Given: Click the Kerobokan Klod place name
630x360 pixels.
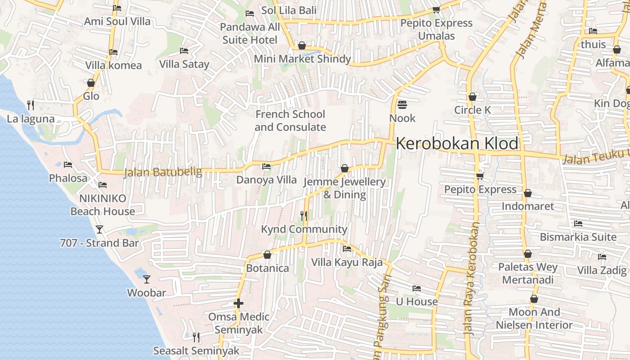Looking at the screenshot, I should [x=457, y=144].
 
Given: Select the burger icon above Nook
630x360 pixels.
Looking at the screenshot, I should [x=402, y=105].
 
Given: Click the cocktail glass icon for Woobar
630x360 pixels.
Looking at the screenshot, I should [x=147, y=279].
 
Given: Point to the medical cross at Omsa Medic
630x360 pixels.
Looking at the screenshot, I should [x=238, y=303].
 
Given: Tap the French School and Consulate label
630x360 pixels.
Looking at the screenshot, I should [x=290, y=121].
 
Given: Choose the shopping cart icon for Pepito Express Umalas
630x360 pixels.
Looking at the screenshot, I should [x=436, y=9].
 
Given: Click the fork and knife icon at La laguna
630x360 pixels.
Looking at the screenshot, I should [x=31, y=105].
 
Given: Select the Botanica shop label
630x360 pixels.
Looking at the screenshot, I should [x=267, y=268].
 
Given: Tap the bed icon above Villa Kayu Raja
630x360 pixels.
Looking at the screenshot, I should [x=347, y=248].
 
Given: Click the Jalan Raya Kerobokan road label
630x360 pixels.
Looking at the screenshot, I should [x=471, y=279].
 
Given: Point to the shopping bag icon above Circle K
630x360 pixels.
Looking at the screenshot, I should [x=472, y=97].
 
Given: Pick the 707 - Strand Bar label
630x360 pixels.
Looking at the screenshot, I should [x=99, y=243].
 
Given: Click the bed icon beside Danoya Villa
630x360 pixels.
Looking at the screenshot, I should [x=266, y=166].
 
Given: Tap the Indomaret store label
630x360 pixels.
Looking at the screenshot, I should [x=528, y=206].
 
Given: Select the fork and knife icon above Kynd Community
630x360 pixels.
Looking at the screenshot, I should [x=304, y=216].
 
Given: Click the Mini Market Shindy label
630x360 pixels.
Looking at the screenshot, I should [x=302, y=59].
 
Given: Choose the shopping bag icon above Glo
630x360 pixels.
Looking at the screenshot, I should [x=91, y=83].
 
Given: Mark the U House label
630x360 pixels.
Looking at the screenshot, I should [x=417, y=301].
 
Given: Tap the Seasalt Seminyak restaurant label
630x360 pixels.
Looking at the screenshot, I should [x=196, y=351].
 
